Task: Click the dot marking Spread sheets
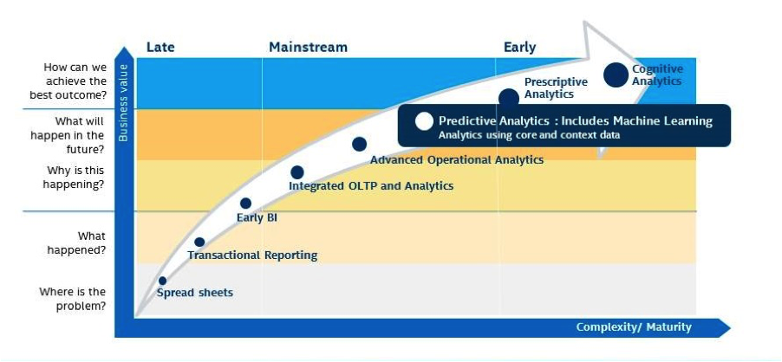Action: (162, 281)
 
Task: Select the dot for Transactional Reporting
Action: (199, 242)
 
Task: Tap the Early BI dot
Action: (245, 204)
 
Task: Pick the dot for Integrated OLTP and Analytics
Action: (297, 172)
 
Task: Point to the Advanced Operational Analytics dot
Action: (359, 145)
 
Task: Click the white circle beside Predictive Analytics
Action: (424, 121)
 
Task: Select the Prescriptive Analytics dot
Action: (509, 98)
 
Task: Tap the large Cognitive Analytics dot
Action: (616, 75)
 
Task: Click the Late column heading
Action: (160, 48)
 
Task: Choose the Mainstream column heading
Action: (308, 48)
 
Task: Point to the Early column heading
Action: (519, 48)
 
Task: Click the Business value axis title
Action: (123, 102)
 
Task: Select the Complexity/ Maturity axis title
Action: (634, 327)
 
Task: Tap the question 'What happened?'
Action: (76, 243)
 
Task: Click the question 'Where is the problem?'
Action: (73, 299)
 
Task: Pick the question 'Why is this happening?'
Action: (75, 178)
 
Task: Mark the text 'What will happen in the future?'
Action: (68, 135)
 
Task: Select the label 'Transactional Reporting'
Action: (252, 255)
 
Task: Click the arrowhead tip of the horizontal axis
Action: (731, 328)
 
